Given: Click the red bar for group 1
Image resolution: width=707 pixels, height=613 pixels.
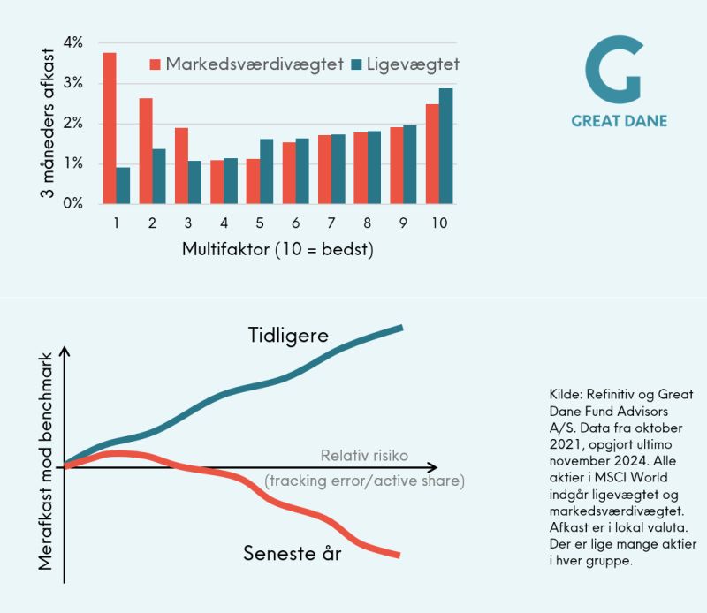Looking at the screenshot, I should point(110,128).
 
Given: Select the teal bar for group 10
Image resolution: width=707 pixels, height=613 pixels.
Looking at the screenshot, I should point(446,146).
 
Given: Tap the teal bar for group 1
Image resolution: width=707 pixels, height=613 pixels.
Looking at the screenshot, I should point(123,185).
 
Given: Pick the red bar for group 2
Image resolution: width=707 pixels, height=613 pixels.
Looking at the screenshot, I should point(146,150).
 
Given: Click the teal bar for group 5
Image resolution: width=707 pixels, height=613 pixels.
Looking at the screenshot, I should point(267,171).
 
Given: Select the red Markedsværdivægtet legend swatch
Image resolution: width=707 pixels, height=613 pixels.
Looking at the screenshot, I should point(156,64).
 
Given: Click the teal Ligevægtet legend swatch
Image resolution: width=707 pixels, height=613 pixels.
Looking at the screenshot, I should point(356,64).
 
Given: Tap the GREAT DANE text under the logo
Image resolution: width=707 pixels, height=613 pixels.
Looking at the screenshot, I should point(619,120).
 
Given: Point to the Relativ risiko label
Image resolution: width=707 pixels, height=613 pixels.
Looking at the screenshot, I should point(364,457).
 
